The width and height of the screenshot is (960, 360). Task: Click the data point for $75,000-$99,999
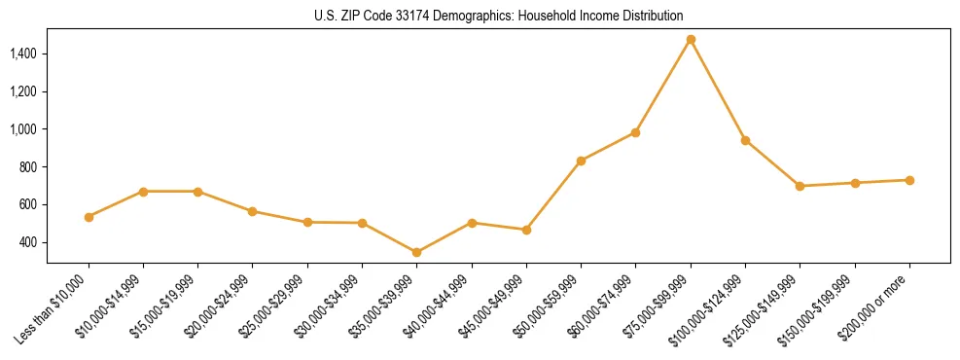(691, 40)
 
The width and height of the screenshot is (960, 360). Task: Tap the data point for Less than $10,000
(89, 217)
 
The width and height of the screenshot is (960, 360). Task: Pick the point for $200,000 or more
(909, 180)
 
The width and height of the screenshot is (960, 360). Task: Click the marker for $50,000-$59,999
(581, 161)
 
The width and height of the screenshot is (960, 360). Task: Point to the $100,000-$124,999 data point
(745, 140)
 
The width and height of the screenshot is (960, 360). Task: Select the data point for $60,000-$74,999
(636, 132)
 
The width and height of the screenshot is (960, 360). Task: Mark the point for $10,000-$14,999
(144, 192)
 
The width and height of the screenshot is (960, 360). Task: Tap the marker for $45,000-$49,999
(526, 230)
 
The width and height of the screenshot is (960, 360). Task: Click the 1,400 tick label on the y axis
(24, 54)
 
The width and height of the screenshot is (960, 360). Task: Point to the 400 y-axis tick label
(29, 242)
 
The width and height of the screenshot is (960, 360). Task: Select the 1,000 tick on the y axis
(24, 129)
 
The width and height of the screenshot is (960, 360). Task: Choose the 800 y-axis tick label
(29, 167)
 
